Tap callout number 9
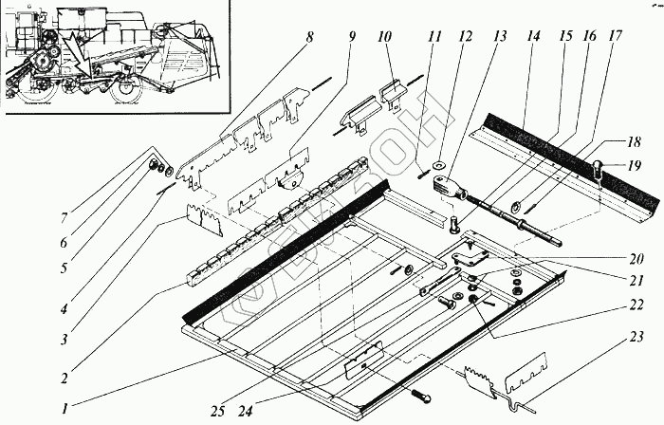pos(352,40)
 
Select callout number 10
pos(383,40)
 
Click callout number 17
pos(616,40)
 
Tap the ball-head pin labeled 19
pos(599,172)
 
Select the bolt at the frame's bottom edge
pos(420,395)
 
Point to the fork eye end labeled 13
pos(444,184)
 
